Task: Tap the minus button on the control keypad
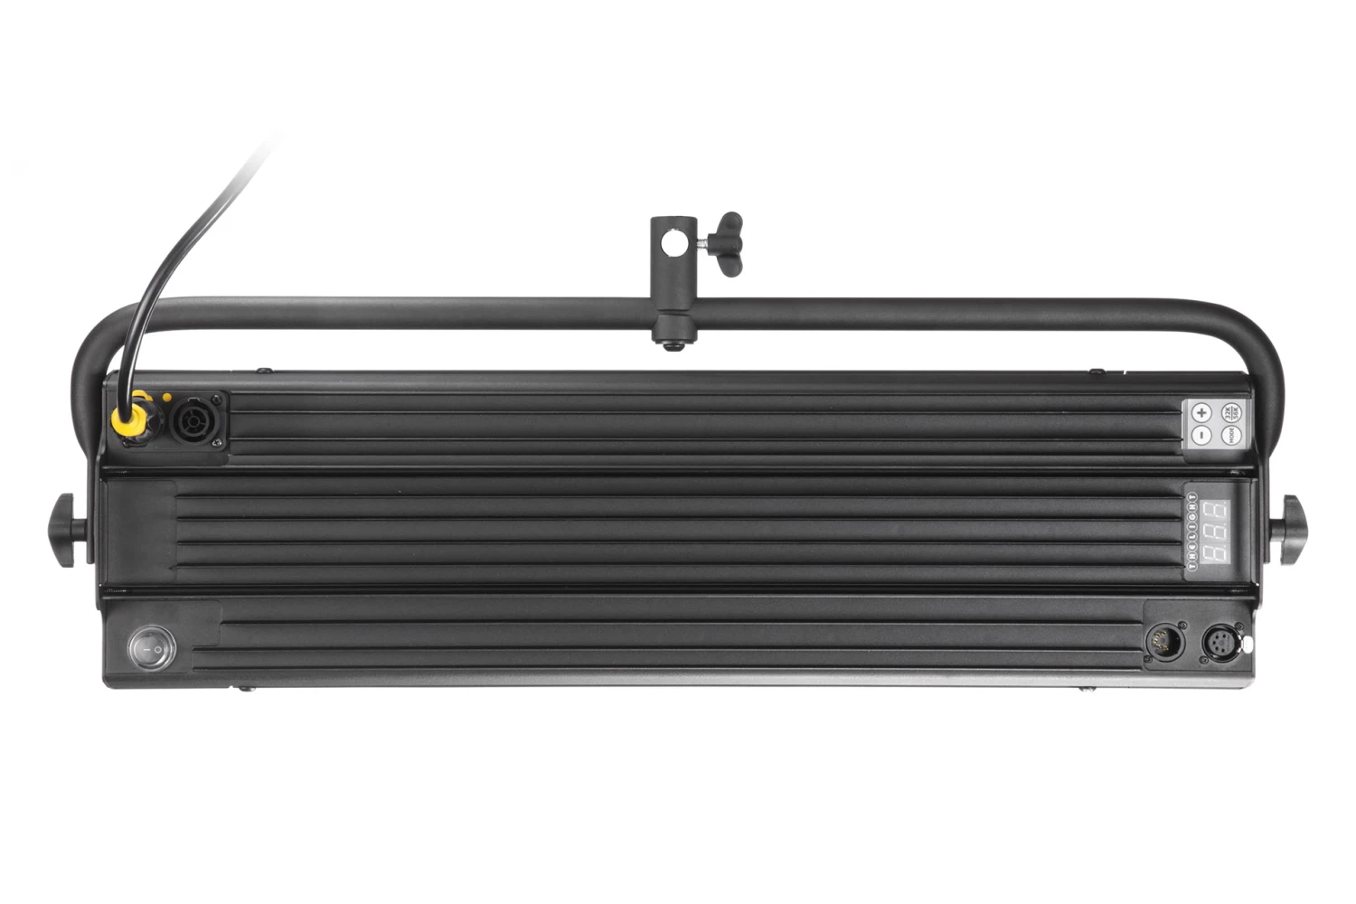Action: pyautogui.click(x=1201, y=436)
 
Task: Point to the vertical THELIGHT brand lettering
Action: pyautogui.click(x=1192, y=533)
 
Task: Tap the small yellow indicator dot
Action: pyautogui.click(x=166, y=397)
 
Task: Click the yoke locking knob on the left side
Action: pyautogui.click(x=66, y=532)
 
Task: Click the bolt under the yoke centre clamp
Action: pyautogui.click(x=670, y=344)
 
